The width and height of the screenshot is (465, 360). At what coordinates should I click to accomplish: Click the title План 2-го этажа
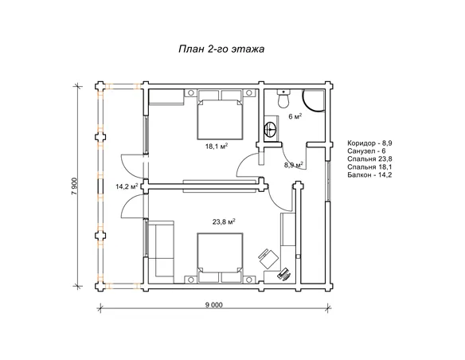pyautogui.click(x=221, y=49)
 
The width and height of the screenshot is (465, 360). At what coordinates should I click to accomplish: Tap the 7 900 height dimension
pyautogui.click(x=74, y=186)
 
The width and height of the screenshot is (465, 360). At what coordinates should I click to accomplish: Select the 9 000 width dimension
pyautogui.click(x=213, y=304)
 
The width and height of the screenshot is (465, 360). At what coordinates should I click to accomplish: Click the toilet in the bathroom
pyautogui.click(x=283, y=99)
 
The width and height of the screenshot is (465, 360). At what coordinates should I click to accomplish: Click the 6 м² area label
pyautogui.click(x=295, y=116)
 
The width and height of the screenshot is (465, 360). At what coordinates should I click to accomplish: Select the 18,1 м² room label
pyautogui.click(x=217, y=147)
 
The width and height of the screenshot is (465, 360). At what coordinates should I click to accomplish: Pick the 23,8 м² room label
pyautogui.click(x=224, y=221)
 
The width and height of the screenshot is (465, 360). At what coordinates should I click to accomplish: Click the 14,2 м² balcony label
pyautogui.click(x=127, y=186)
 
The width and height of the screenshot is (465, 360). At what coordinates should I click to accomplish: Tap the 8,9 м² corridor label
pyautogui.click(x=294, y=165)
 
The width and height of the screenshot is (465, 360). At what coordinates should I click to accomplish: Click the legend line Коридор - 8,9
pyautogui.click(x=369, y=143)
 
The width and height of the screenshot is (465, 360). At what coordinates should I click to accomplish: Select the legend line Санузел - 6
pyautogui.click(x=366, y=151)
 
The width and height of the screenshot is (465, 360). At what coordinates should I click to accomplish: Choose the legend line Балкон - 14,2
pyautogui.click(x=369, y=175)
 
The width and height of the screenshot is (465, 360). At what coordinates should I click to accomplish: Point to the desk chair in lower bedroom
pyautogui.click(x=268, y=258)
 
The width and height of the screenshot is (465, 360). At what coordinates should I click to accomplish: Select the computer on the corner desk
pyautogui.click(x=284, y=274)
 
